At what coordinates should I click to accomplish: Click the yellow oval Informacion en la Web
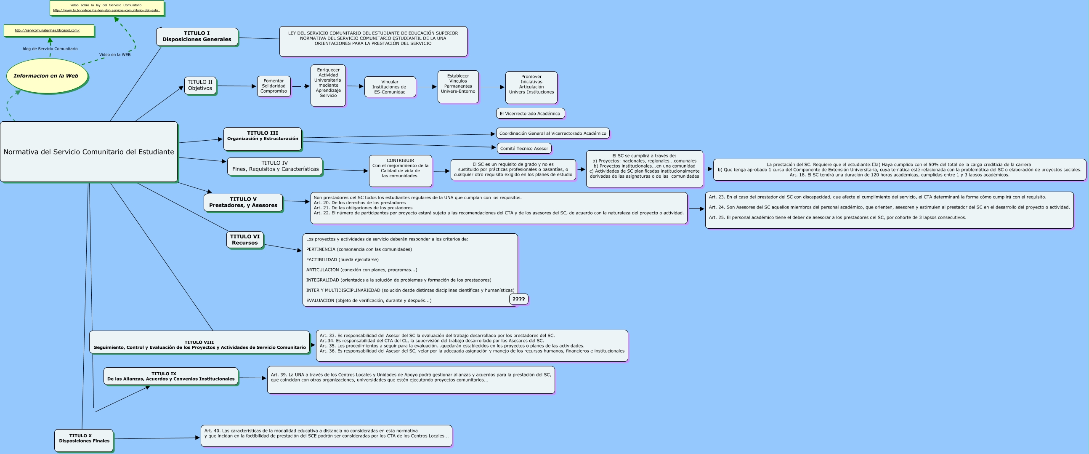[47, 76]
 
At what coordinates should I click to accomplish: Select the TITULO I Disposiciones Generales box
[197, 36]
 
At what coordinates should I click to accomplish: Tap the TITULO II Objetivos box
[200, 85]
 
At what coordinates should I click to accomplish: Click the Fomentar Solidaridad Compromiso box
[274, 86]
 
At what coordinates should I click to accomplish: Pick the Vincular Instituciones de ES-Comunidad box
[390, 87]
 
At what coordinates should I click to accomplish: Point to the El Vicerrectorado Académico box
[530, 113]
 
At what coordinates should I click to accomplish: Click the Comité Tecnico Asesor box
[524, 149]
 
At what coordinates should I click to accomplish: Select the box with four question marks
[518, 299]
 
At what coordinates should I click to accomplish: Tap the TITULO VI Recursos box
[245, 240]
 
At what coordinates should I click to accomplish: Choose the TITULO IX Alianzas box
[171, 376]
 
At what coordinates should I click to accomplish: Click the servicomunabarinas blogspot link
[47, 30]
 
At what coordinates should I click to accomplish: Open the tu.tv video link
[106, 10]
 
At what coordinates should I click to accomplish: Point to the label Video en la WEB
[114, 55]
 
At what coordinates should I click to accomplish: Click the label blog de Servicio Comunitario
[50, 49]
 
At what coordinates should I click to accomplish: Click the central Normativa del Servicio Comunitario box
[89, 152]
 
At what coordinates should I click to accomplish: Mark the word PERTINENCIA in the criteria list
[321, 250]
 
